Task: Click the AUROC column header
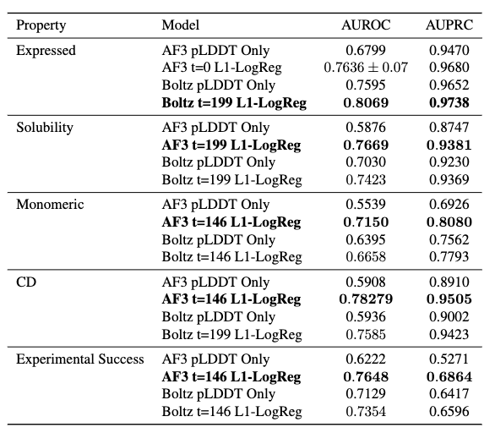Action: click(x=366, y=25)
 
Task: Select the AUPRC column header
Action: click(x=449, y=25)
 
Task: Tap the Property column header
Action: click(x=41, y=25)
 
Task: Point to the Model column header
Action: click(x=181, y=25)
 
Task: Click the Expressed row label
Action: click(x=46, y=51)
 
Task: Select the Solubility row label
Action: click(x=45, y=128)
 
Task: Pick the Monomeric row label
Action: click(x=50, y=205)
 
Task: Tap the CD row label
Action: click(x=26, y=282)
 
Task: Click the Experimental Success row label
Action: click(x=80, y=359)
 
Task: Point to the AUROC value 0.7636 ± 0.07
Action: click(x=366, y=68)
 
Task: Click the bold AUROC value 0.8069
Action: click(x=366, y=102)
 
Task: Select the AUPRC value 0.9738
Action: click(x=449, y=102)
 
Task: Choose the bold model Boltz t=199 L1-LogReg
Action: click(x=234, y=103)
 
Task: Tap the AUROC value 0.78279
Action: click(x=366, y=299)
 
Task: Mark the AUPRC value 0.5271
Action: click(x=449, y=359)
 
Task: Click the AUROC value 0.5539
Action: click(x=366, y=204)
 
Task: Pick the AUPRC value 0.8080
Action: click(x=449, y=222)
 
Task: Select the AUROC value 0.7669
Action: click(x=366, y=145)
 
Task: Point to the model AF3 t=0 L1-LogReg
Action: click(x=221, y=68)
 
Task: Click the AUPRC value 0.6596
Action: click(x=449, y=412)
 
